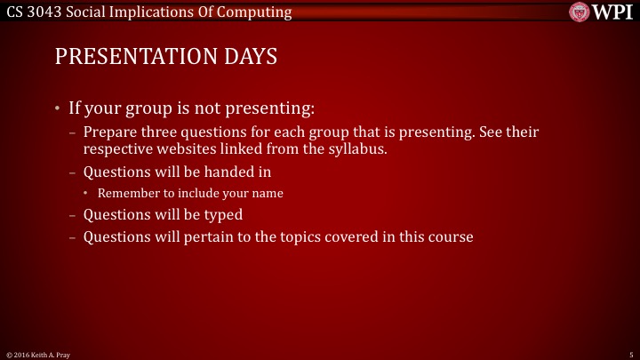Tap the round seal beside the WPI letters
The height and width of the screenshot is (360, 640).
581,12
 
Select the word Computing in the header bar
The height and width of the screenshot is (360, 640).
260,12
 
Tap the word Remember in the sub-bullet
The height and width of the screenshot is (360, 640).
128,193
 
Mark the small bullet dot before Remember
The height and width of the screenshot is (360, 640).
88,193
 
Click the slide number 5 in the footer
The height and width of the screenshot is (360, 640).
629,354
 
